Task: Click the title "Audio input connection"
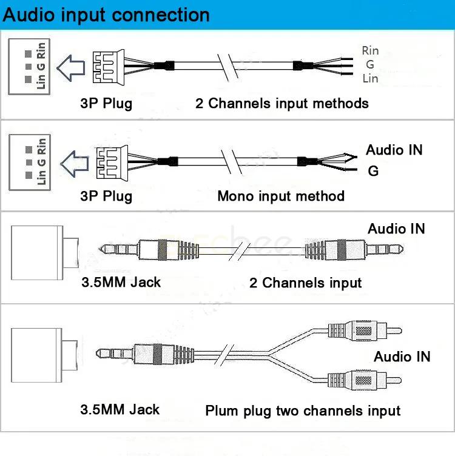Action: [x=107, y=15]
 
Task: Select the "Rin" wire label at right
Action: [x=370, y=50]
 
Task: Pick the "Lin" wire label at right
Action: [x=370, y=78]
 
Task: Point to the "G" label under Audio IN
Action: [x=373, y=172]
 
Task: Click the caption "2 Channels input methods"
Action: [x=281, y=103]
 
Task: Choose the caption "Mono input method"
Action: [x=280, y=196]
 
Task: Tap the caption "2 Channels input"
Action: [x=305, y=283]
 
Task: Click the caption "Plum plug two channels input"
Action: [x=303, y=411]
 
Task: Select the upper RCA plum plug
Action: [x=364, y=331]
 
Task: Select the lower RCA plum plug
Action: [x=364, y=381]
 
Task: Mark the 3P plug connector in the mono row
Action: [x=107, y=161]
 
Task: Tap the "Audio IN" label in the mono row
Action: [x=394, y=150]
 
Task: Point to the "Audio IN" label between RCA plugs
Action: [x=402, y=357]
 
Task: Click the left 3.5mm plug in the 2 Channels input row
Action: [x=146, y=249]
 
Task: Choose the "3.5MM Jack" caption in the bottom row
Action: [x=120, y=409]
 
